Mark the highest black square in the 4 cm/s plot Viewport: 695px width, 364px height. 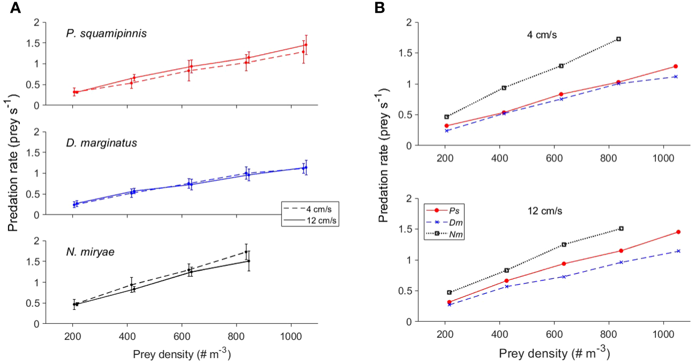tap(618, 39)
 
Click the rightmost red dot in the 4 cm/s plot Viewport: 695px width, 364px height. tap(676, 66)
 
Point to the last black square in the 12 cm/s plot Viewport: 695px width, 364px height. tap(621, 229)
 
